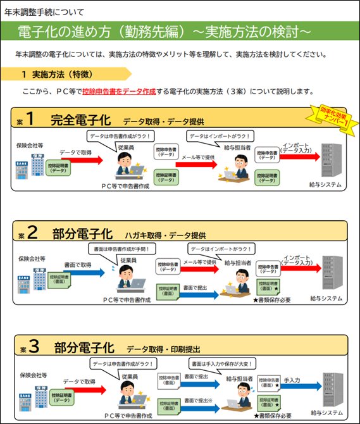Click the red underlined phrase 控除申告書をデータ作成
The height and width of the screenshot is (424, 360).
pyautogui.click(x=119, y=92)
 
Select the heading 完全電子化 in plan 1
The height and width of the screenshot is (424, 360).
pyautogui.click(x=83, y=120)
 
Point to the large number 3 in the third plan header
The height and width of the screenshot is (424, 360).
pyautogui.click(x=33, y=346)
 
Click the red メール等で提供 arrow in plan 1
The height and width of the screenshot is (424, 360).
pyautogui.click(x=196, y=161)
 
